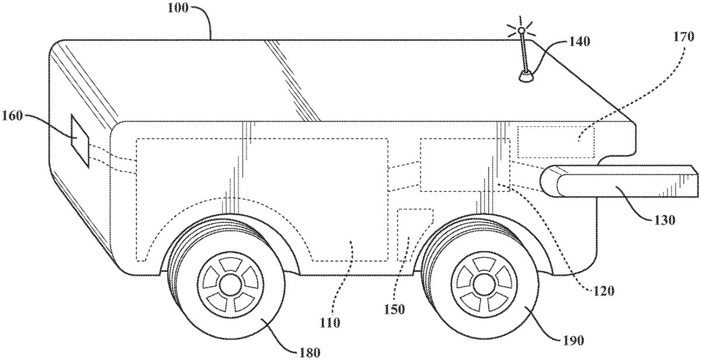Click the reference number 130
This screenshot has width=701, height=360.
[665, 220]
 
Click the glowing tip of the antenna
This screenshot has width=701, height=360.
[521, 30]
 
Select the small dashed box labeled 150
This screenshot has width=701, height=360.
[414, 234]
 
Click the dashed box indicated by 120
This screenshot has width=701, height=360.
[464, 165]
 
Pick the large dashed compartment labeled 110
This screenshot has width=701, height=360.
[263, 199]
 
